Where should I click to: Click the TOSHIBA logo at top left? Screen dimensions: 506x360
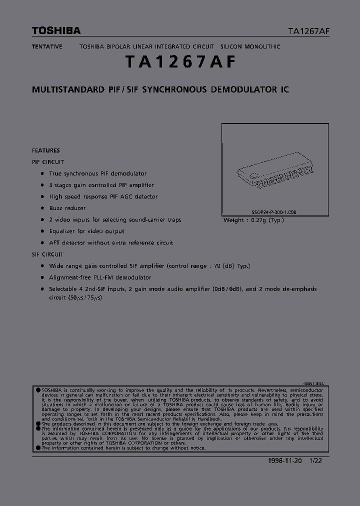tap(56, 31)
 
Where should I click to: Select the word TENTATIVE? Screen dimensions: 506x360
tap(47, 46)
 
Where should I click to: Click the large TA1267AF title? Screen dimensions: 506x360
tap(180, 62)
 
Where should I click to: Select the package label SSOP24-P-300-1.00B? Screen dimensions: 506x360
tap(274, 212)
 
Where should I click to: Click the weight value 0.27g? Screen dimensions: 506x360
tap(260, 220)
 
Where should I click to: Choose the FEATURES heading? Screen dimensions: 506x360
tap(45, 150)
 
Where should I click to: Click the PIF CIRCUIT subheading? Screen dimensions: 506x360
tap(48, 162)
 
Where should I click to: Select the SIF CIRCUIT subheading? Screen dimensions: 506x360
tap(48, 254)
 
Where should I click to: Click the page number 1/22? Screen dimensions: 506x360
tap(316, 461)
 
